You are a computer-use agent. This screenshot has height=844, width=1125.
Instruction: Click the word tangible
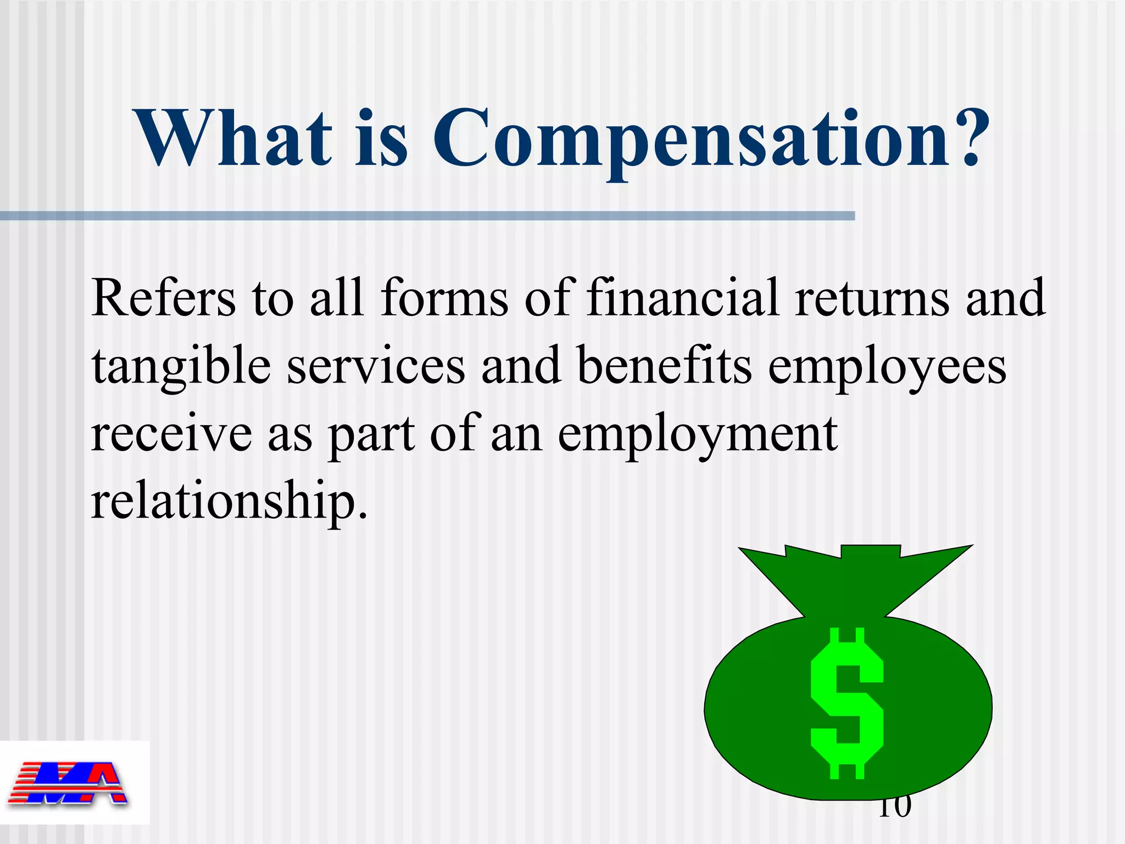point(181,367)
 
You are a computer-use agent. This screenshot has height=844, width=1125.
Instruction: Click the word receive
point(171,434)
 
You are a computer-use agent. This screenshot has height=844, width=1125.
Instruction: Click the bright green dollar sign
point(846,704)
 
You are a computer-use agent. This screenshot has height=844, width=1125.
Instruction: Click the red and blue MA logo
point(68,784)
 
